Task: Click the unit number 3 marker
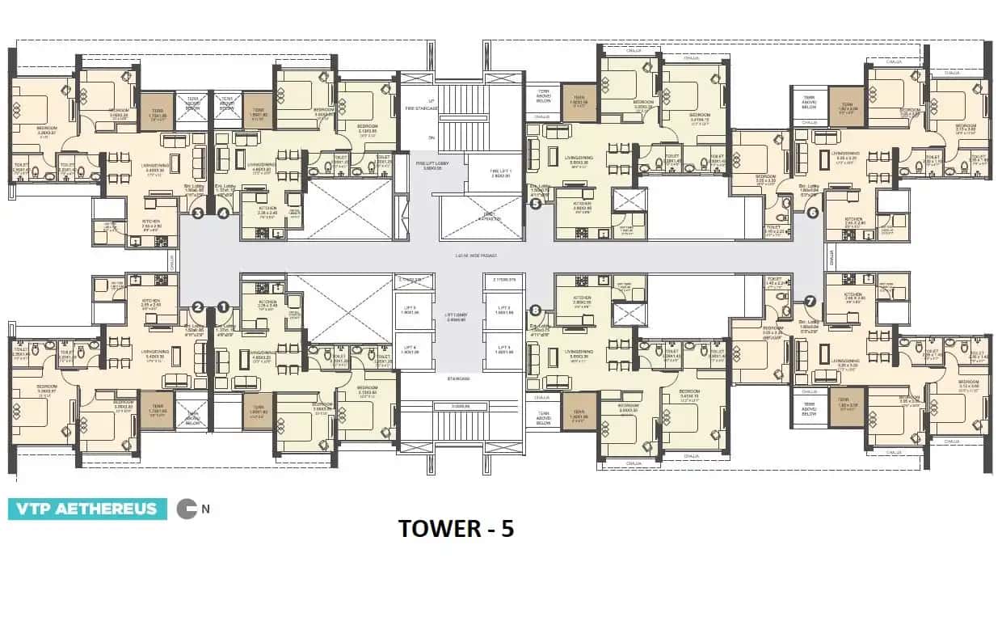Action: point(197,213)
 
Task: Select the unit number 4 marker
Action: point(223,213)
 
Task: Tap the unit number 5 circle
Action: point(536,205)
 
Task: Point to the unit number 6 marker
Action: point(812,213)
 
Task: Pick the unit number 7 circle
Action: point(810,301)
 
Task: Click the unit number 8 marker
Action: point(535,310)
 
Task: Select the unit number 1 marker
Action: point(224,306)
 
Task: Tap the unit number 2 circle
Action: point(197,306)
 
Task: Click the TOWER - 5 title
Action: point(456,528)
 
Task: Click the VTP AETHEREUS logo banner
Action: point(87,509)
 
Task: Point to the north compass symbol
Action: point(187,509)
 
